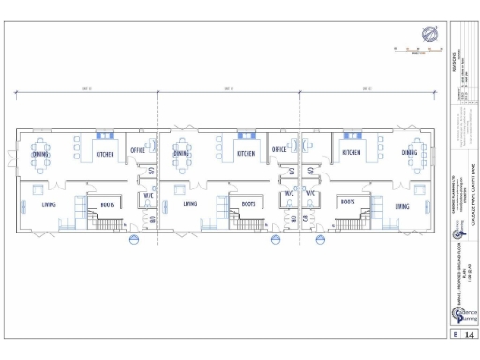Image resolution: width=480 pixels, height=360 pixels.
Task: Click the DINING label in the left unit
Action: [40, 152]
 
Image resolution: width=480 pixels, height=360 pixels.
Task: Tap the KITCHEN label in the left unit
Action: [108, 153]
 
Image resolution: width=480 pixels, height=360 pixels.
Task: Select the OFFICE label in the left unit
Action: [138, 150]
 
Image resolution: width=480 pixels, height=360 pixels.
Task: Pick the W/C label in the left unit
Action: [148, 196]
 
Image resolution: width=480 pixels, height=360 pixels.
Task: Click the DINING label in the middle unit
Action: [182, 153]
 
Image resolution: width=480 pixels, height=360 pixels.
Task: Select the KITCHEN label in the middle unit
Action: [247, 153]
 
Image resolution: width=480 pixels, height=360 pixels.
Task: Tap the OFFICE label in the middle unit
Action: [278, 150]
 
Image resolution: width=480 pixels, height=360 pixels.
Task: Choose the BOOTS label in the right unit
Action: [347, 202]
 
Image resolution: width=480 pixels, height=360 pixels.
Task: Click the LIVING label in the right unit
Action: [402, 203]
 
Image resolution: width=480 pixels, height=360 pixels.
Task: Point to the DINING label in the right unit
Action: [411, 152]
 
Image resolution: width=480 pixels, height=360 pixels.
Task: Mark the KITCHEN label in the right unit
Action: [352, 152]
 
